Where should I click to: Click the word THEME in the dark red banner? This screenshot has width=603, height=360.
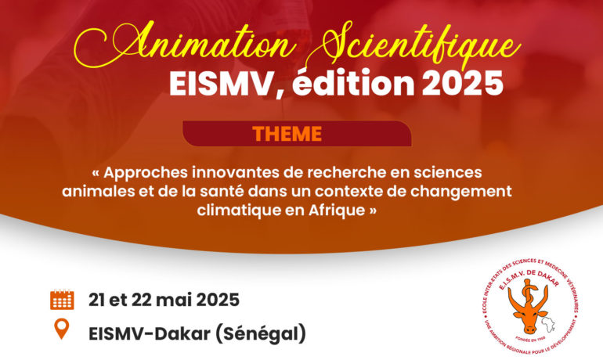(x=287, y=134)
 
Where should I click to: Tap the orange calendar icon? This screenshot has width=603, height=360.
(x=62, y=300)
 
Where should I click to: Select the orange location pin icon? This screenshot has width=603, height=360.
(x=62, y=329)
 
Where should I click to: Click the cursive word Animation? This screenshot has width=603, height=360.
(x=185, y=45)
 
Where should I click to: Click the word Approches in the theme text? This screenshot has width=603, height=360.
(x=146, y=173)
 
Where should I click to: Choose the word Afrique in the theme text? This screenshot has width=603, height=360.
(x=337, y=210)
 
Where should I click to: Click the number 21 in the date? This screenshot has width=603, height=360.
(x=96, y=300)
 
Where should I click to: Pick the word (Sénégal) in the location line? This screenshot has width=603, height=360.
(x=260, y=333)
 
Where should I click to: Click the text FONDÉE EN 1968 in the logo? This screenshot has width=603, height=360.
(x=530, y=340)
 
